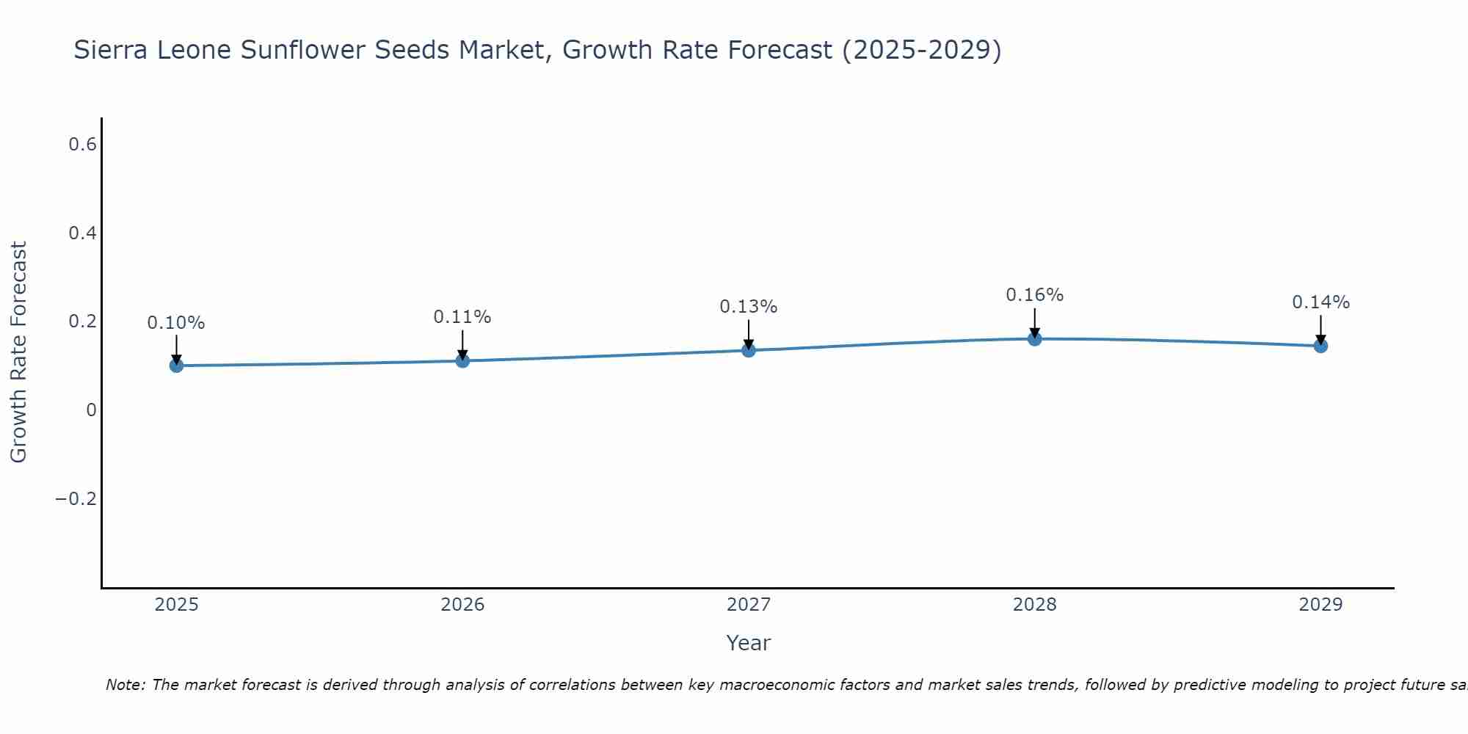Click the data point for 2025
[x=176, y=365]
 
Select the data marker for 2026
[x=462, y=360]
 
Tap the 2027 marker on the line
[x=749, y=350]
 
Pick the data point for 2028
[x=1034, y=338]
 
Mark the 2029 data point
[x=1320, y=346]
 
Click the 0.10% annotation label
[x=176, y=323]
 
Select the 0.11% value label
[x=462, y=317]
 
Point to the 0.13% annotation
[x=749, y=307]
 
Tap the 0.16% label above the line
[x=1034, y=295]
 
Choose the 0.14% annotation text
[x=1320, y=302]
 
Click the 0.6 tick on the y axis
[x=82, y=145]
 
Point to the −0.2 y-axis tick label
[x=76, y=499]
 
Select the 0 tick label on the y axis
[x=91, y=410]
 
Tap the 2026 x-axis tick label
[x=462, y=605]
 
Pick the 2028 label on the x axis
[x=1034, y=605]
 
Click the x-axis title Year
[x=748, y=643]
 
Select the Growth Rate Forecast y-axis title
[x=18, y=352]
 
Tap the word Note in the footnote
[x=124, y=685]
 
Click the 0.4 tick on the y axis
[x=82, y=233]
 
